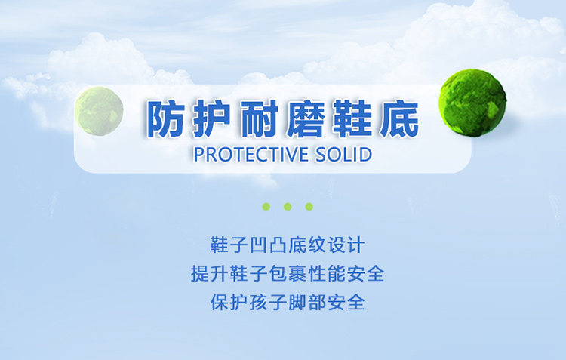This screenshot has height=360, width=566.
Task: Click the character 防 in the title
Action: click(165, 118)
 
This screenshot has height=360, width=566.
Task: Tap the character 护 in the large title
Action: click(211, 118)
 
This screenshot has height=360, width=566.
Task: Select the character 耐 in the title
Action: click(259, 118)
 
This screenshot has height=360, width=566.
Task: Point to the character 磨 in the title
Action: click(306, 118)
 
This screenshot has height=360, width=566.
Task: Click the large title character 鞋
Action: click(353, 118)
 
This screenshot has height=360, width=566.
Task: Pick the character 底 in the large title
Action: click(400, 118)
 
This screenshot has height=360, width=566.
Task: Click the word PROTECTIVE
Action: click(251, 155)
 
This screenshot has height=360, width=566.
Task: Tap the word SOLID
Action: click(343, 155)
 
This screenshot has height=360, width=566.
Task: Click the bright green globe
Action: click(472, 103)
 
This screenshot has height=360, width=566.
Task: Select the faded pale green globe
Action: click(99, 111)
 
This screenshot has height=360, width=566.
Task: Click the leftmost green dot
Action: click(266, 207)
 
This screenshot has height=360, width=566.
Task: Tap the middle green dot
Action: click(288, 207)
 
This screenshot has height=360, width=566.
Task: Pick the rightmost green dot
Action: click(309, 207)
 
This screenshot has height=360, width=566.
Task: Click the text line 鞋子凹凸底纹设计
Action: click(288, 245)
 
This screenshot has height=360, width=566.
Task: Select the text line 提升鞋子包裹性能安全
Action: click(288, 274)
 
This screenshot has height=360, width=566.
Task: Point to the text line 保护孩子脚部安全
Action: click(288, 302)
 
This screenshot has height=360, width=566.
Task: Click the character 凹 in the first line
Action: click(258, 245)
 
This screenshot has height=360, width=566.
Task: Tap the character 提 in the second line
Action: click(200, 274)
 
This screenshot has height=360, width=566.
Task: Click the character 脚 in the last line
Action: click(297, 302)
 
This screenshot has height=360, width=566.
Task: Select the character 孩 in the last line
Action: click(258, 302)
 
